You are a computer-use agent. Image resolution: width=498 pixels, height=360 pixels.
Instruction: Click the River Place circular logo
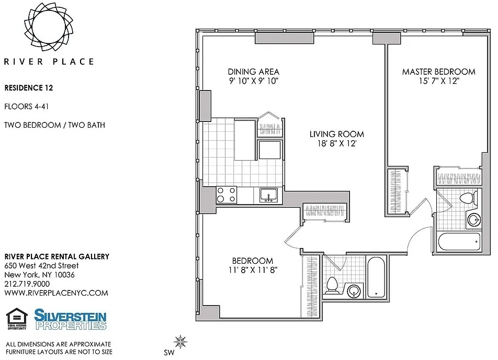coord(49,27)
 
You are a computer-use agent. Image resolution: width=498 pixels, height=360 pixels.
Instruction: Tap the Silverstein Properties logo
coord(70,320)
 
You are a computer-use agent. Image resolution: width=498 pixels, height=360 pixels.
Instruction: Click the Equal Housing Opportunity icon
coord(17,319)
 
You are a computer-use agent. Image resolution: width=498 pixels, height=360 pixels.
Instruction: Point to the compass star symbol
coord(180,342)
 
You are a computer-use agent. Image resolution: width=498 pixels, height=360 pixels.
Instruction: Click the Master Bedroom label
coord(438,72)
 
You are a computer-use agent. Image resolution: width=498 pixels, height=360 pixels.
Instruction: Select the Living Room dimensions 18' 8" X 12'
coord(337,143)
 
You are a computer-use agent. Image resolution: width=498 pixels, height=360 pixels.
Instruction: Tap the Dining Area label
coord(253,72)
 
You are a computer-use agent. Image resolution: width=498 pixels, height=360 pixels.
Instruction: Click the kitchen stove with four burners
coord(226,195)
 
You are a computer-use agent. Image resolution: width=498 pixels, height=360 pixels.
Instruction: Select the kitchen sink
coord(269,195)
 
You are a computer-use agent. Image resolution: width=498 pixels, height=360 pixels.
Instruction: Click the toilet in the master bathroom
coord(468,198)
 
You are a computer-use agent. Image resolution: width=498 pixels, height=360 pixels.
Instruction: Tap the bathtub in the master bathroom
coord(459,242)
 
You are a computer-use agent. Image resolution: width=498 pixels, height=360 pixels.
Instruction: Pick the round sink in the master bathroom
coord(474,220)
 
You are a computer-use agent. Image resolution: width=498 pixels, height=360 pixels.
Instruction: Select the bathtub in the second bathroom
coord(376,277)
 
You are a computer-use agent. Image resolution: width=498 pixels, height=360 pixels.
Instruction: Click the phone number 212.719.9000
coord(27,284)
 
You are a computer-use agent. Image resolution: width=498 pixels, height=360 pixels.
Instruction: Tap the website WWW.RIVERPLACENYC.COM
coord(56,293)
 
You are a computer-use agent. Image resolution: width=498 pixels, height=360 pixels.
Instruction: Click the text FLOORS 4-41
coord(27,106)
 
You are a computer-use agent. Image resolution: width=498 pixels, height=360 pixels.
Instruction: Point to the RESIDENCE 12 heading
coord(29,88)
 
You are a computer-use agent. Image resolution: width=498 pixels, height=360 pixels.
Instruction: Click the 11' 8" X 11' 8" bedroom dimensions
coord(253,270)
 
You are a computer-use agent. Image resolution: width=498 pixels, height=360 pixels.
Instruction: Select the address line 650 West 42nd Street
coord(41,266)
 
